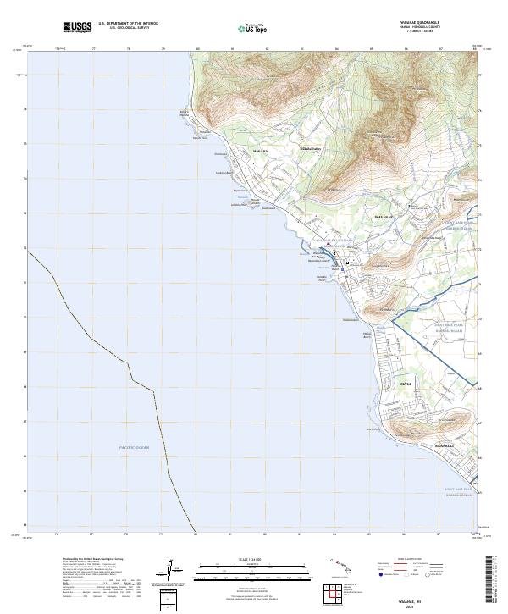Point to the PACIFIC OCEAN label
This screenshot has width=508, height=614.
[x=134, y=446]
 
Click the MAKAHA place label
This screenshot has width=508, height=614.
[x=260, y=152]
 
